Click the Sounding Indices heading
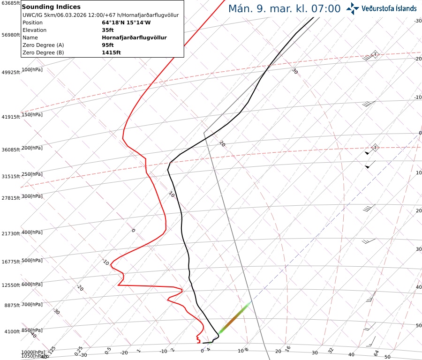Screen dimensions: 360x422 coord(51,7)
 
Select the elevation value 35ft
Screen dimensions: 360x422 coord(108,30)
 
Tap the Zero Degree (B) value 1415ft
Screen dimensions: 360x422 coord(111,52)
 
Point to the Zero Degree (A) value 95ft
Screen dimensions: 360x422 coord(108,45)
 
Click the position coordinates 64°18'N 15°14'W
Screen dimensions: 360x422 coord(126,22)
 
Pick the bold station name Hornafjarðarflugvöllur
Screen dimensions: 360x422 coord(134,37)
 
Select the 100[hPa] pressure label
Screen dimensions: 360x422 coord(32,70)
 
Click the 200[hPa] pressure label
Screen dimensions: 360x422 coord(32,148)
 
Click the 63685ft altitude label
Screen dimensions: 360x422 coord(10,3)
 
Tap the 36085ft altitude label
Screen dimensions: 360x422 coord(10,150)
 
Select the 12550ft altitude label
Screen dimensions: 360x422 coord(10,285)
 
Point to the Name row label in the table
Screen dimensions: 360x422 coord(30,37)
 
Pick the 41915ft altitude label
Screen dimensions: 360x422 coord(10,117)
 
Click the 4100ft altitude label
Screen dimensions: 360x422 coord(12,332)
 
